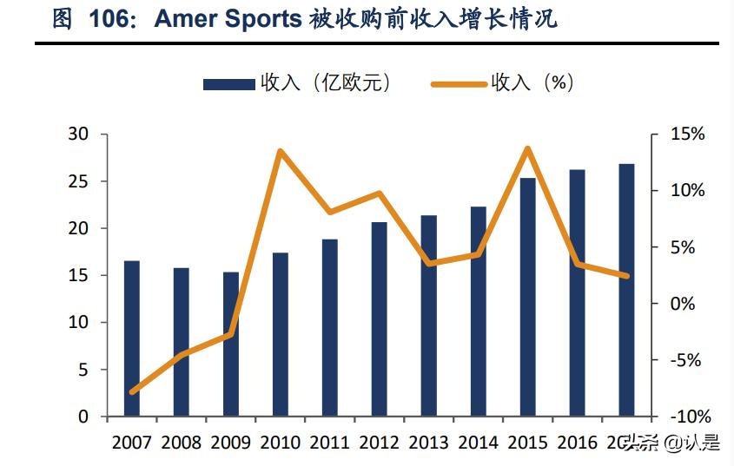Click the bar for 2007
pos(131,338)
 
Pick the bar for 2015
pos(527,297)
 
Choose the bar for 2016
pos(577,293)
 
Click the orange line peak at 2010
pos(281,151)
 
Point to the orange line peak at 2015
pos(527,148)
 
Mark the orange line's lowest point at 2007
pos(132,392)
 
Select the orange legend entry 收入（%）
pos(503,83)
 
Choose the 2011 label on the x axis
pos(329,443)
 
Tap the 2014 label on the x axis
pos(478,443)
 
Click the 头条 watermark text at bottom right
pos(643,443)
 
